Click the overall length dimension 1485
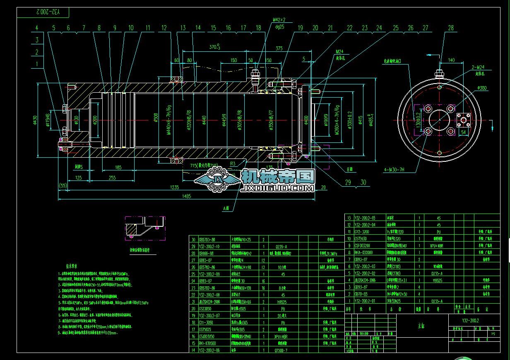(x=187, y=196)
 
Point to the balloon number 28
(x=450, y=28)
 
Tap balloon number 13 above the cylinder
(x=183, y=28)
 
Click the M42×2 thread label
(x=279, y=19)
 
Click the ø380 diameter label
(x=482, y=88)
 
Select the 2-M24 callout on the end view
(x=479, y=67)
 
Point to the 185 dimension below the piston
(x=118, y=168)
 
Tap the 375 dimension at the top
(x=279, y=48)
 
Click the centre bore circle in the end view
(x=440, y=120)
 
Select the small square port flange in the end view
(x=464, y=120)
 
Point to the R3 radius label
(x=233, y=164)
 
